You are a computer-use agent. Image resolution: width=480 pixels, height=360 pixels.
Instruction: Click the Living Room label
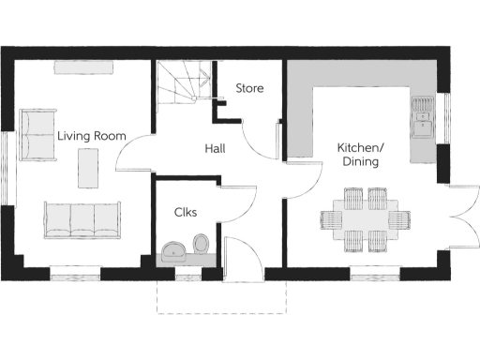91,136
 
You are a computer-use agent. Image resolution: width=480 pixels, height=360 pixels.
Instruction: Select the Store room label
249,89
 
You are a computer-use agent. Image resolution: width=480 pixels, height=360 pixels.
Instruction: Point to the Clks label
186,212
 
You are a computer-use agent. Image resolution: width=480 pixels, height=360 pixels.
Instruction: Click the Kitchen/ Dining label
360,155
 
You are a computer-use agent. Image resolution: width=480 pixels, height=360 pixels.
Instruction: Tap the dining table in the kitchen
366,220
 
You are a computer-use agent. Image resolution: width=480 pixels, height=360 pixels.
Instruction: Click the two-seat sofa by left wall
37,134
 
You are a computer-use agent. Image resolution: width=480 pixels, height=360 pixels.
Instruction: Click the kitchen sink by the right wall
424,116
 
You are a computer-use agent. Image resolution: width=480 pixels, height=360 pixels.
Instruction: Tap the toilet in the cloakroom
200,245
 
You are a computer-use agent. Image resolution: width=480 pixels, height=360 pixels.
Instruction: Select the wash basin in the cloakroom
173,250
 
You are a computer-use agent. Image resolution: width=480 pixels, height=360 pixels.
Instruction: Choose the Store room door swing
261,138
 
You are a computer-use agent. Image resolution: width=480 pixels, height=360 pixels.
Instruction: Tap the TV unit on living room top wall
83,66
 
